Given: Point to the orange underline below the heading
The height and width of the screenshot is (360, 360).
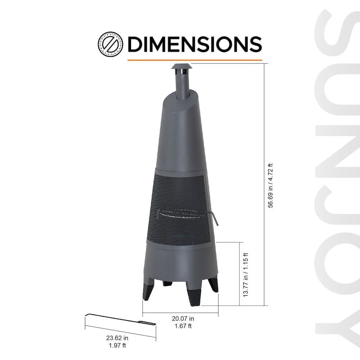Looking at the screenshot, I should click(194, 60).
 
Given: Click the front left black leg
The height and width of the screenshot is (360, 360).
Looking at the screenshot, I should click(148, 290).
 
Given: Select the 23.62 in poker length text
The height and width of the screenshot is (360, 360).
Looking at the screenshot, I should click(117, 338).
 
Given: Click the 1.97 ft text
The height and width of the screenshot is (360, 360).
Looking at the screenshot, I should click(117, 346).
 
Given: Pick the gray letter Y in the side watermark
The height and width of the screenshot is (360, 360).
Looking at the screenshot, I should click(337, 326).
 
